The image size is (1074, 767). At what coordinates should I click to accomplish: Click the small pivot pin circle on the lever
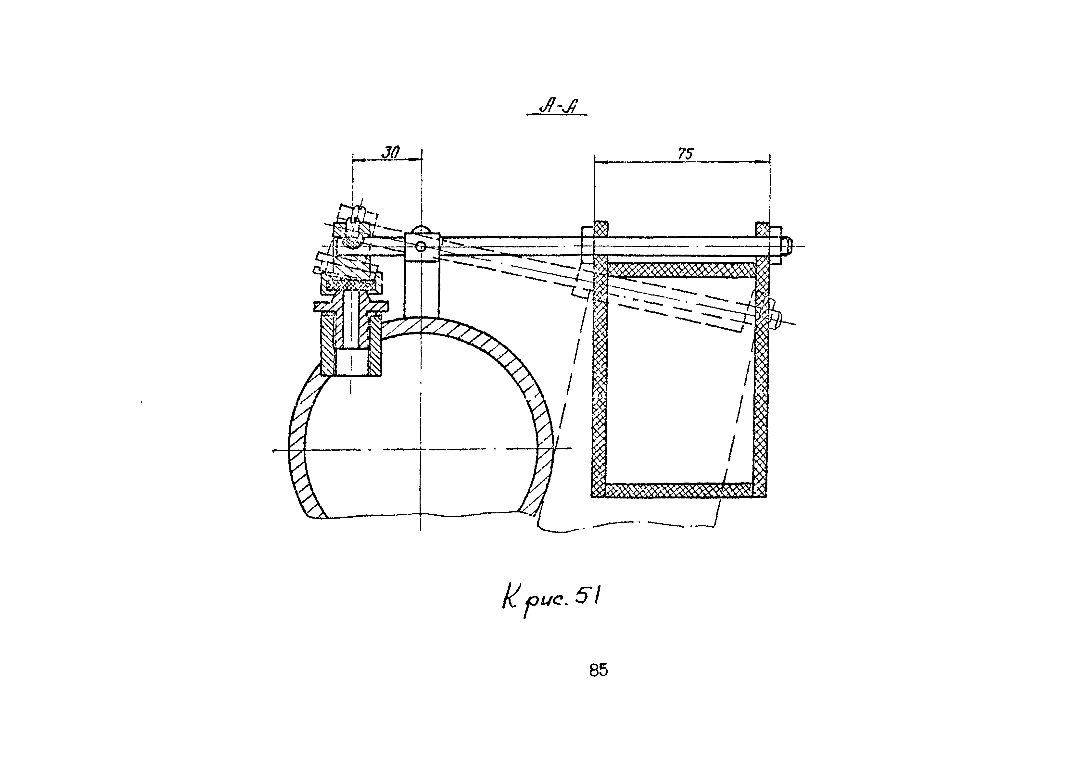[421, 246]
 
